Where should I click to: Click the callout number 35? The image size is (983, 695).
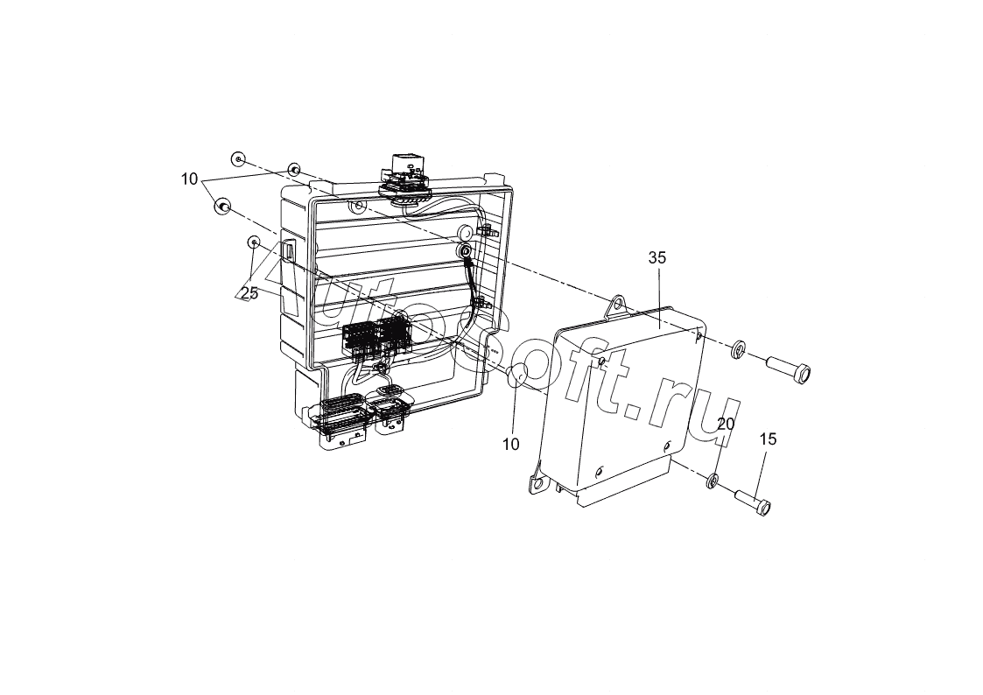(x=657, y=257)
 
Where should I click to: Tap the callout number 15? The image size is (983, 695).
(x=768, y=439)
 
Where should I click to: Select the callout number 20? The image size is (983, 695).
(x=726, y=425)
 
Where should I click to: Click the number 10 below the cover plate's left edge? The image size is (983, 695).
(x=511, y=445)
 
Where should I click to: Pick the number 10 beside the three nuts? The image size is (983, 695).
(x=190, y=179)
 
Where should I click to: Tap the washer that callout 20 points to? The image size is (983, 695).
(x=713, y=481)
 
